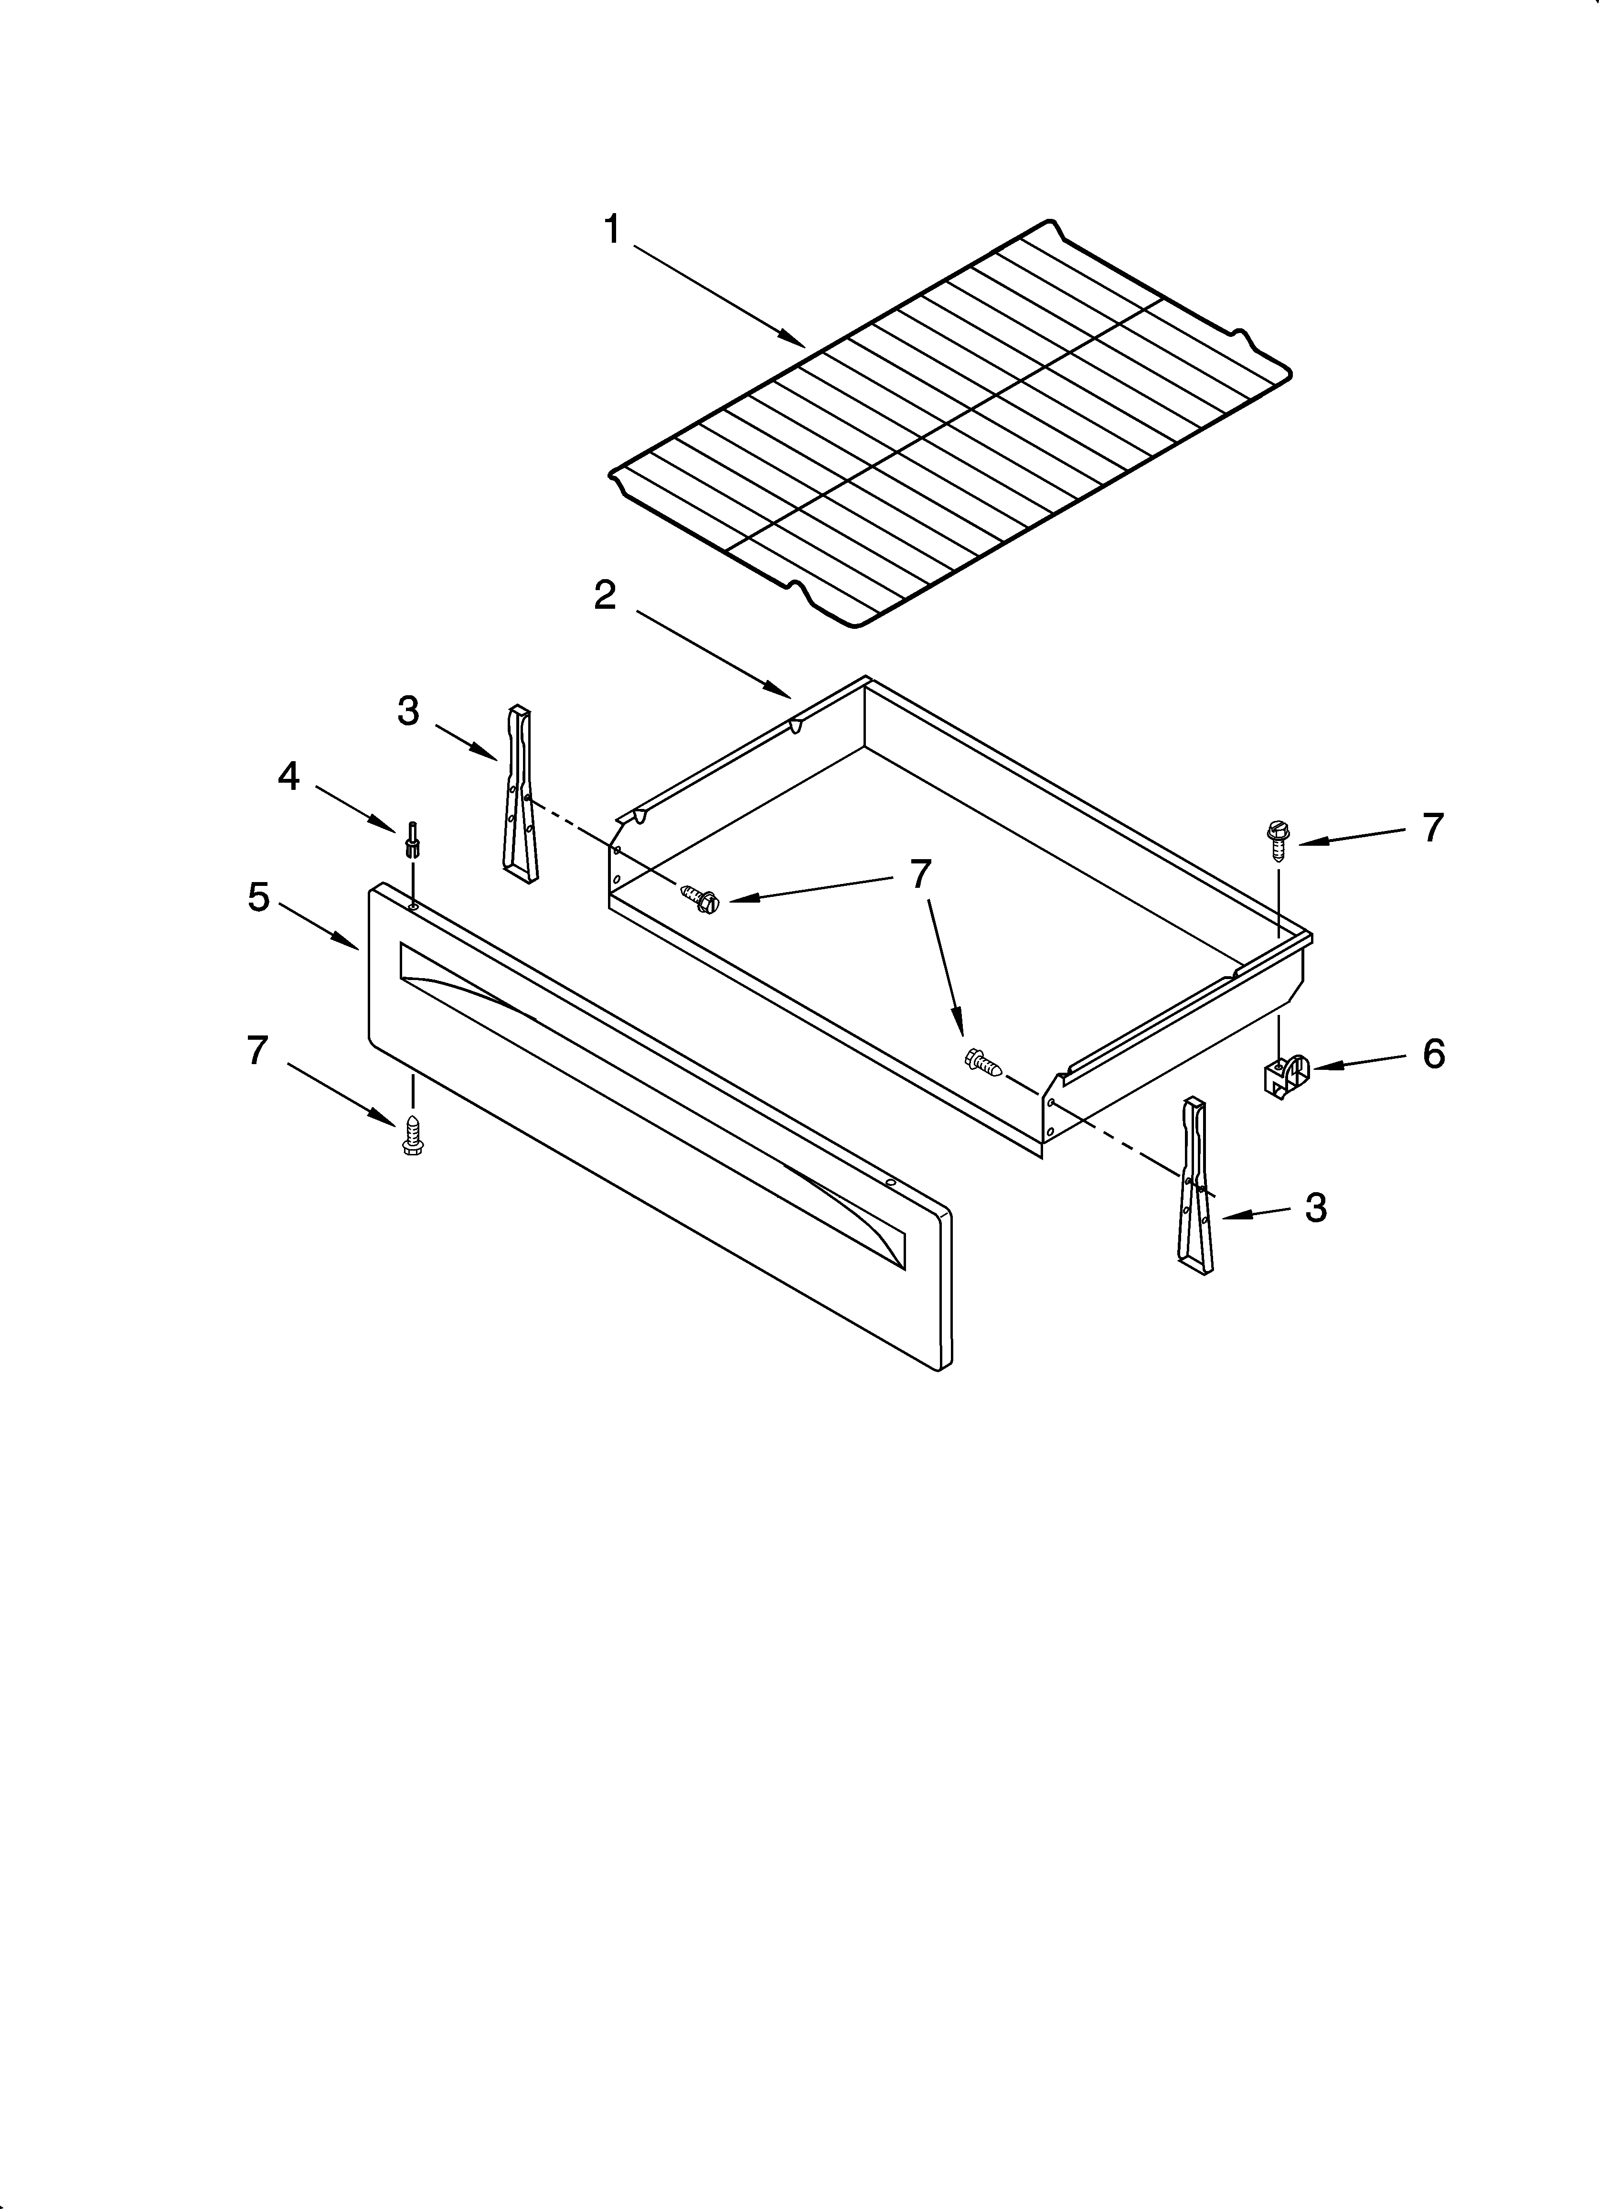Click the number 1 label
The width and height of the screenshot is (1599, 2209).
(x=611, y=231)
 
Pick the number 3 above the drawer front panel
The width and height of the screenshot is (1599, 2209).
(x=408, y=711)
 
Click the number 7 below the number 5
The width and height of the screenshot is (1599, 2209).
(x=256, y=1050)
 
